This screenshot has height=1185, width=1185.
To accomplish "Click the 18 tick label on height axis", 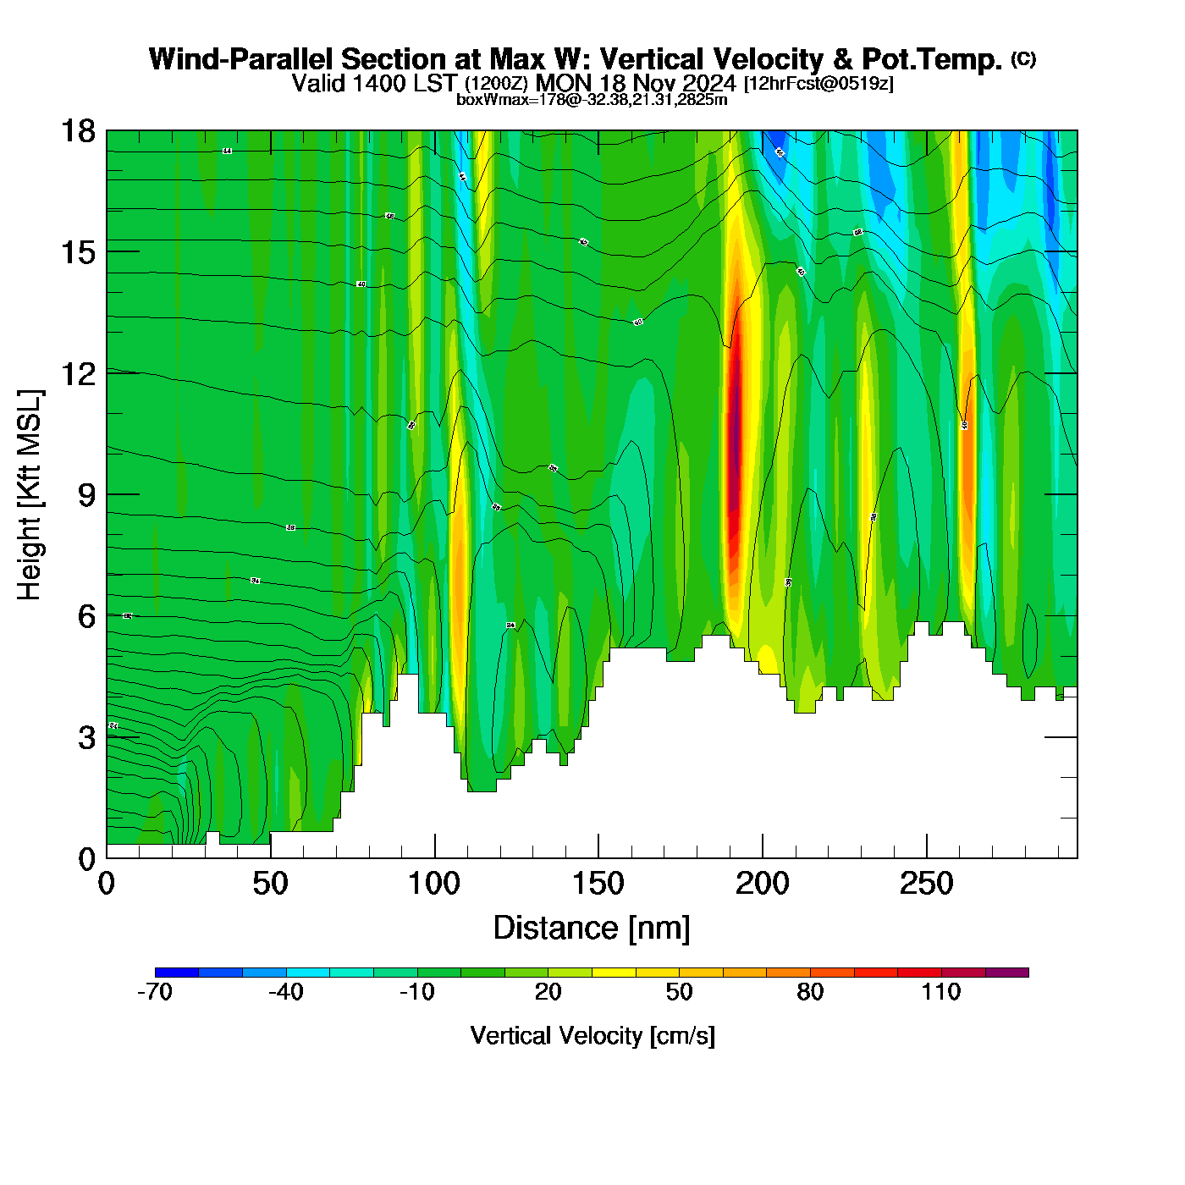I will pos(78,131).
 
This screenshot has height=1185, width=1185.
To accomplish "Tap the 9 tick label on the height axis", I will pos(86,495).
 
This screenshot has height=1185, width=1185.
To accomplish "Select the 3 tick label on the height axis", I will pos(86,738).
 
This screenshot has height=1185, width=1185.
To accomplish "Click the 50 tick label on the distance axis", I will pos(270,885).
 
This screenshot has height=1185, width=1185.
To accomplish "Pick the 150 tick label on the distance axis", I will pos(598,885).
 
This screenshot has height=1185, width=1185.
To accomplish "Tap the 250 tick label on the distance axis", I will pos(926,885).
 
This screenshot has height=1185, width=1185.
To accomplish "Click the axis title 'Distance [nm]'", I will pos(592,929).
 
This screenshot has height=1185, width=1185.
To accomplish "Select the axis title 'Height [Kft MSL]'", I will pos(30,495).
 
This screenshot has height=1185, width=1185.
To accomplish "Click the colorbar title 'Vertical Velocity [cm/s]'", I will pos(592,1036).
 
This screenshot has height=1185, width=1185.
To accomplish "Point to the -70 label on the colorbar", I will pos(155,992).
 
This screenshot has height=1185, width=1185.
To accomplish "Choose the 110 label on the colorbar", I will pos(941,992).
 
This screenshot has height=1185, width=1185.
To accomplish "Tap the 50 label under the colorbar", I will pos(679,992).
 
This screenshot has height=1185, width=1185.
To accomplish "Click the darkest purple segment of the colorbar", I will pos(1007,973).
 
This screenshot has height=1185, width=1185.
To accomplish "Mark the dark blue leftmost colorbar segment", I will pos(177,973).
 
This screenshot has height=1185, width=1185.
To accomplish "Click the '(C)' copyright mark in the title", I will pos(1023,58).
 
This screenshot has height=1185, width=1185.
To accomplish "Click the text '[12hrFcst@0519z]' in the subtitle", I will pos(818,84).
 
